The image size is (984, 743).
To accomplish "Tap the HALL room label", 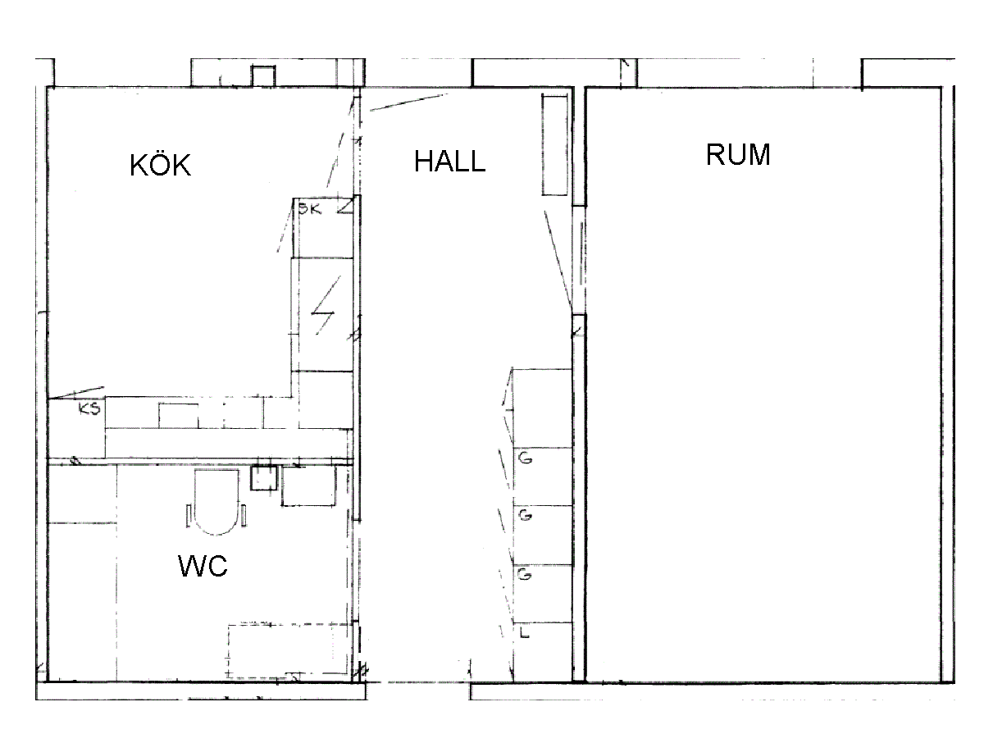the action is pos(449,161).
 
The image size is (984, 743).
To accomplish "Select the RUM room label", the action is pos(738,155).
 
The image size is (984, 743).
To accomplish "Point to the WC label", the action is pos(203,566).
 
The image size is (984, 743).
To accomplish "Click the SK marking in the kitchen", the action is pos(310,209).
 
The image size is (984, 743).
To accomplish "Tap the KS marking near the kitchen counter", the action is pos(89,408).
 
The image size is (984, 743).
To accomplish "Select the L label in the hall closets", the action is pos(524,633).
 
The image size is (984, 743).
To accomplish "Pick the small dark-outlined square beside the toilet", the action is pos(263,478).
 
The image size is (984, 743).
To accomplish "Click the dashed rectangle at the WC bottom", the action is pos(289,650).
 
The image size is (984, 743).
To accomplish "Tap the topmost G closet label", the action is pos(525,458).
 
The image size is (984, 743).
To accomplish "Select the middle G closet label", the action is pos(525,515).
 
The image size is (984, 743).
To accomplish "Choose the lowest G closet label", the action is pos(525,574).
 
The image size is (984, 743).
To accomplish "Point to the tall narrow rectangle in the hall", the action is pos(554,144).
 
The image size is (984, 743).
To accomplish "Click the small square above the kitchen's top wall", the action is pos(262,75).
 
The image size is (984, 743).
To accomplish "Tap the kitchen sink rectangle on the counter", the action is pos(179,416).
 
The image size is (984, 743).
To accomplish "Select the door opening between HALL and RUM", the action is pos(579,260).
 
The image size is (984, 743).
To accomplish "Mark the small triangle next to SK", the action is pos(346,206).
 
